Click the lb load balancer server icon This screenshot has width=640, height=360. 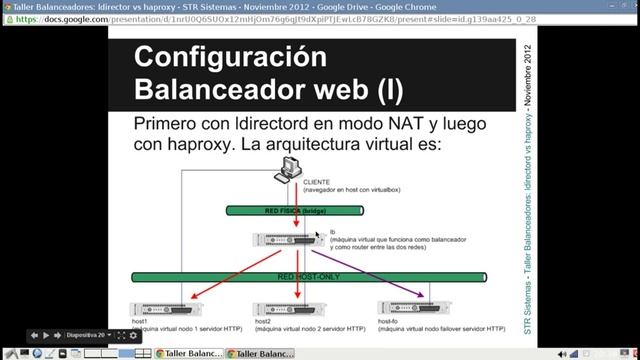point(290,241)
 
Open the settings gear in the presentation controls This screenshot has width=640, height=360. point(134,336)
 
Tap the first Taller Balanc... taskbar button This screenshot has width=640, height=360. point(191,353)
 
